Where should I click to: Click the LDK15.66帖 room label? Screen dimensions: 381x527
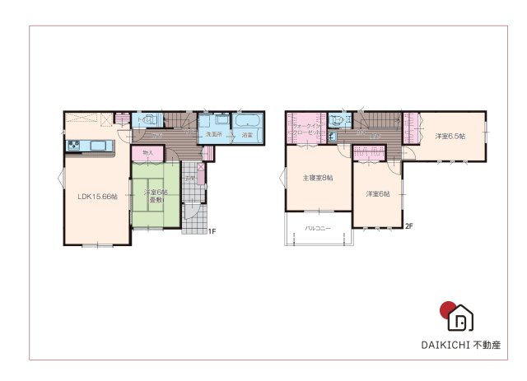click(97, 197)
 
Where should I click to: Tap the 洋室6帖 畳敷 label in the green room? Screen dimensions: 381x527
click(156, 196)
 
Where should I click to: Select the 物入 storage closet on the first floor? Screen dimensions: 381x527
click(148, 153)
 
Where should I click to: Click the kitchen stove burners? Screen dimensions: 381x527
click(73, 147)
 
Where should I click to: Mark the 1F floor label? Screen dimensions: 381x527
click(211, 231)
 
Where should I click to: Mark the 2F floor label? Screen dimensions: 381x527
click(408, 225)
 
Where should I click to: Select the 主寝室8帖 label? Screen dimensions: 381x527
click(317, 178)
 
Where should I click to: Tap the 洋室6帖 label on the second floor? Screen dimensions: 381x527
click(378, 193)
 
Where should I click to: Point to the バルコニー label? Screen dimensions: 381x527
click(318, 227)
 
